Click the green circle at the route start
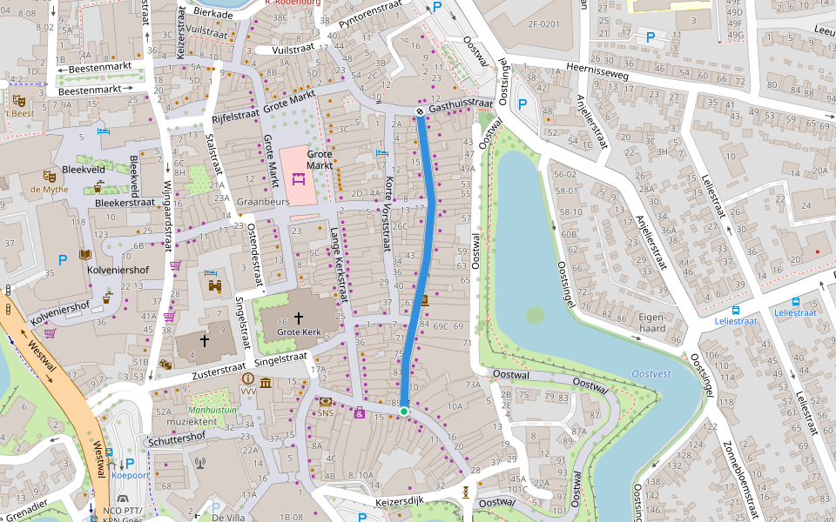(404, 410)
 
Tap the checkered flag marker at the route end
(420, 111)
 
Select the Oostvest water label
(652, 374)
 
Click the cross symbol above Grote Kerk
(299, 318)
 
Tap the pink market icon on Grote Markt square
(299, 180)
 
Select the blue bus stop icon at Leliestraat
(736, 310)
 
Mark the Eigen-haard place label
(651, 323)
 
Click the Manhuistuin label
(213, 409)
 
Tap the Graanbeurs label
(263, 201)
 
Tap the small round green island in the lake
(535, 315)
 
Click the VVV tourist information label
(248, 392)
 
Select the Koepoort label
(128, 476)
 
